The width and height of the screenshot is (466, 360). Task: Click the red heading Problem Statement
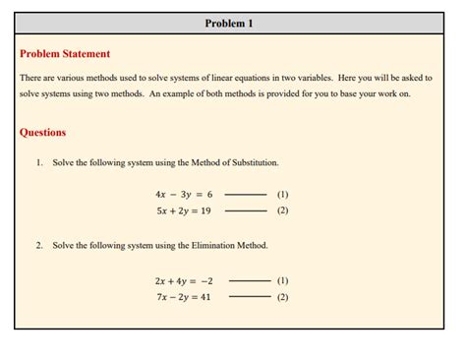(x=65, y=54)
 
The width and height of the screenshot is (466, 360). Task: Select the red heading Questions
(x=43, y=132)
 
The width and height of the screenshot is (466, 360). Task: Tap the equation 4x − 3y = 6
(x=184, y=195)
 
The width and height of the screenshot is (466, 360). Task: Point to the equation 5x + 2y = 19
(x=184, y=210)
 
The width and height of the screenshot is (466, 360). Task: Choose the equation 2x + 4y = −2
(x=184, y=280)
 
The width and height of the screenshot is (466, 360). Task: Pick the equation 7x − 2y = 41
(x=184, y=296)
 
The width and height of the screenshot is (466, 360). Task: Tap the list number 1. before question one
(x=40, y=161)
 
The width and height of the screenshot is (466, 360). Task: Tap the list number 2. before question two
(x=40, y=246)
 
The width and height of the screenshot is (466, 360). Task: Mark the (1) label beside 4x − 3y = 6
(x=283, y=195)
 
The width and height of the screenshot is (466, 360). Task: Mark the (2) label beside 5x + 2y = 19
(x=283, y=210)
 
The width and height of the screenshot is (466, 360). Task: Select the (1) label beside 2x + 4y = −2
(x=283, y=280)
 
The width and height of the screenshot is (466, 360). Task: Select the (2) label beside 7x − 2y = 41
(x=283, y=296)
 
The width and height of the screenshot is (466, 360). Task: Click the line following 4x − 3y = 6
(x=246, y=195)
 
